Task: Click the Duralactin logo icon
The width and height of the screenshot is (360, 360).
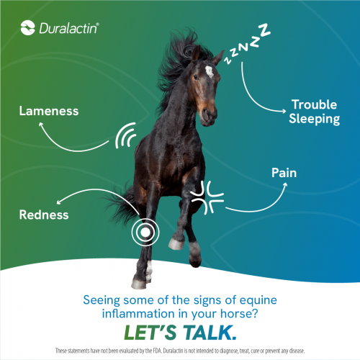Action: coord(28,29)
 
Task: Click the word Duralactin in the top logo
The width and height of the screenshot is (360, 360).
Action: coord(68,29)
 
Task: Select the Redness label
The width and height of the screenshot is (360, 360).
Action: coord(44,215)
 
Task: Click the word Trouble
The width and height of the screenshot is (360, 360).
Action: coord(315,104)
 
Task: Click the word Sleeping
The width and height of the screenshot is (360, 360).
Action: coord(315,120)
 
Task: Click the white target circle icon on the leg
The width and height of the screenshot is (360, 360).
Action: coord(145,233)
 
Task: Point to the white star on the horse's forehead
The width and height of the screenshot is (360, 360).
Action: coord(210,71)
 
